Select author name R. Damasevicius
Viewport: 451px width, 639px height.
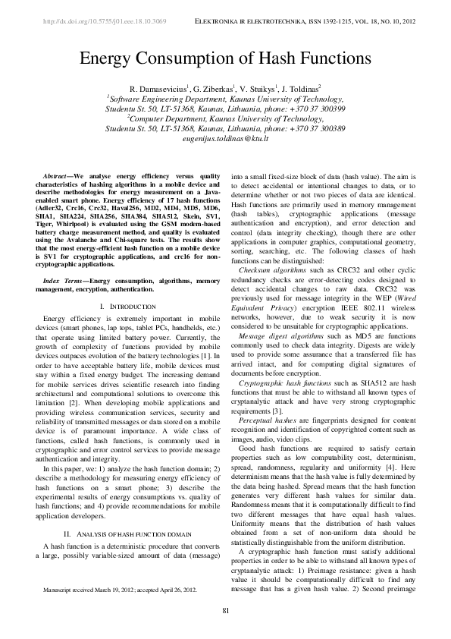click(159, 89)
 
